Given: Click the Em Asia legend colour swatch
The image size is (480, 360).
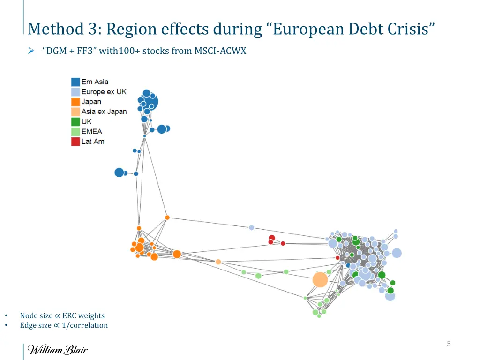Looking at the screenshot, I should click(75, 82).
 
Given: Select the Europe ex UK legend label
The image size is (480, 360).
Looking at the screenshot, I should click(104, 92).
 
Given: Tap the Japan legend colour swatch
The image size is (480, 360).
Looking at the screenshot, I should click(75, 102).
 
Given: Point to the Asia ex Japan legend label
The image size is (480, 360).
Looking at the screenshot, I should click(104, 112).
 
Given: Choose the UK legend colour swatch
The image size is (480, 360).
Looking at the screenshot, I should click(75, 121).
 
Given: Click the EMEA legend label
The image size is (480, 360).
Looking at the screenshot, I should click(91, 131).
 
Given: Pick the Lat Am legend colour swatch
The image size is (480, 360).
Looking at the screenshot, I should click(75, 141).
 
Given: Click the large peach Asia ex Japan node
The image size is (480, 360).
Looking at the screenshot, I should click(320, 280).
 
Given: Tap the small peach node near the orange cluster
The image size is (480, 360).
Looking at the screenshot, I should click(218, 262).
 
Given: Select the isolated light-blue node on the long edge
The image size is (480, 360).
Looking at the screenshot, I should click(251, 227).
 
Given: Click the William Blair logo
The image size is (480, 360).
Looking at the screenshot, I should click(57, 350).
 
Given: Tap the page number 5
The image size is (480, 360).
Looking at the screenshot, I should click(449, 344).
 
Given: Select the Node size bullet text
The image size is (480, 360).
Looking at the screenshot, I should click(62, 315).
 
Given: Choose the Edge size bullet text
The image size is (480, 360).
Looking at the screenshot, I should click(63, 325).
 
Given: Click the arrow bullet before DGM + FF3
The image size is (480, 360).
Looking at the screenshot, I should click(31, 51).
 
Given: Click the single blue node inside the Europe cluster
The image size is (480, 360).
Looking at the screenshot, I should click(348, 265).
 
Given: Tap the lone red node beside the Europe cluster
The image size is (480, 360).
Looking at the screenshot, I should click(337, 258).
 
